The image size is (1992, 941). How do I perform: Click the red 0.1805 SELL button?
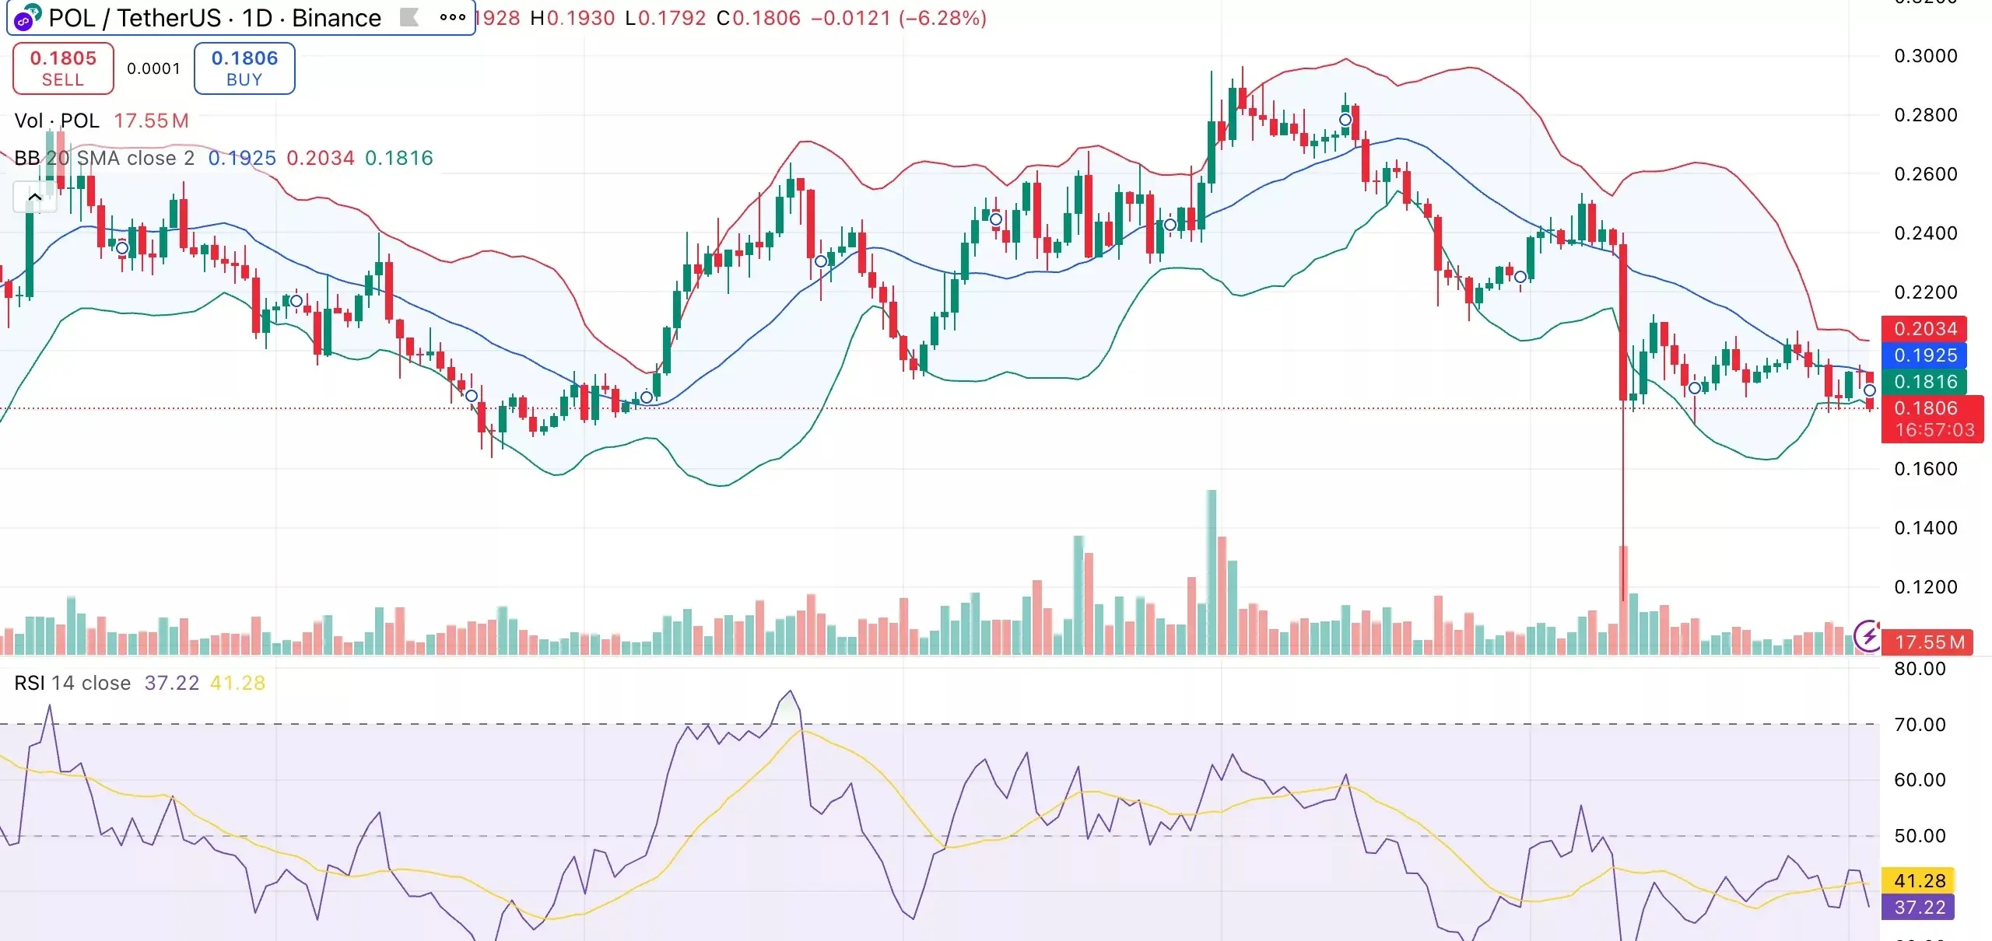[63, 68]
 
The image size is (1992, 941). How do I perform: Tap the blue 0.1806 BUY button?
[244, 68]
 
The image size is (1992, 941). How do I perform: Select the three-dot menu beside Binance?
[452, 17]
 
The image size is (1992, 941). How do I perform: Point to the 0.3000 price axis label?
[1925, 56]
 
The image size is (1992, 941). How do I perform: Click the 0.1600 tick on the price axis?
[1925, 469]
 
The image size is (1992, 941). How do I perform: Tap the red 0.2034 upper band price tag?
[1924, 329]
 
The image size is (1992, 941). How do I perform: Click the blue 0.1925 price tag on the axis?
[1924, 355]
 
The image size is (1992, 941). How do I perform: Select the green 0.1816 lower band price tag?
[1924, 382]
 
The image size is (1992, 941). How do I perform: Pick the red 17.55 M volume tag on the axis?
[1929, 642]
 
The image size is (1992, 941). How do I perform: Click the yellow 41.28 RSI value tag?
[1919, 881]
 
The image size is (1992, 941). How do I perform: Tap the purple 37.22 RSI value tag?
[1919, 908]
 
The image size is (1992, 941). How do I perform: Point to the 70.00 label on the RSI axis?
[1919, 725]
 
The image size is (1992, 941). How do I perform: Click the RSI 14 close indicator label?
[72, 683]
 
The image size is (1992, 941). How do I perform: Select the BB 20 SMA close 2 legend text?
[104, 158]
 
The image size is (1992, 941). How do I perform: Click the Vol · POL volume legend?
[57, 121]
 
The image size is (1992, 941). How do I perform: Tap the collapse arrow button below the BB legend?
[35, 197]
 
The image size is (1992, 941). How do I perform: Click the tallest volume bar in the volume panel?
[1212, 572]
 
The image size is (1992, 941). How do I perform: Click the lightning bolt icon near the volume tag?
[1867, 635]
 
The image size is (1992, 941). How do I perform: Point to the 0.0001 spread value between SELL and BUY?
[153, 68]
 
